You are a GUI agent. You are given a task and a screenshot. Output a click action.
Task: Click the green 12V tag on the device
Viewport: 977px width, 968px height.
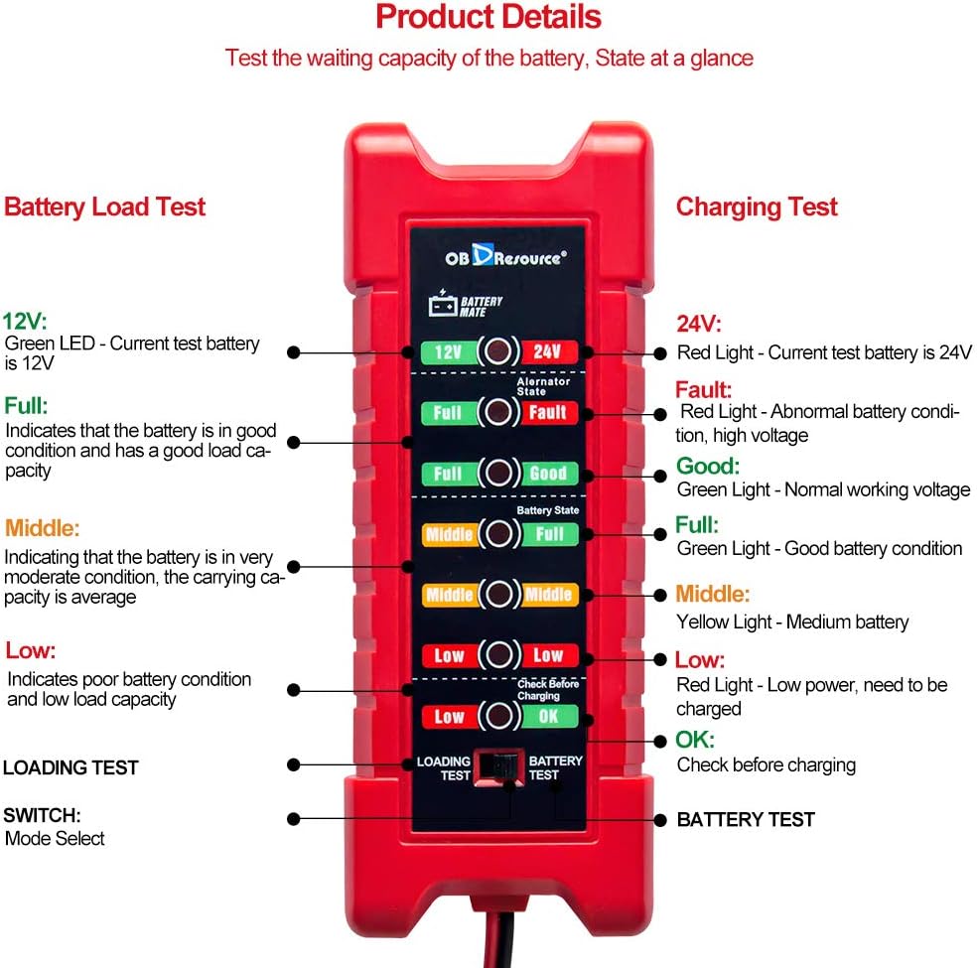coord(447,351)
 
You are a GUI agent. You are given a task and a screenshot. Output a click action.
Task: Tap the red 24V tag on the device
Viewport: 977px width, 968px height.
coord(547,351)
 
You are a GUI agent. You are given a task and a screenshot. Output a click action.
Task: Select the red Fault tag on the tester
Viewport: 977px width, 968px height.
coord(547,412)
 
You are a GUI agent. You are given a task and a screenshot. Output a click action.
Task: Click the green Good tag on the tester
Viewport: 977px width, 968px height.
coord(547,474)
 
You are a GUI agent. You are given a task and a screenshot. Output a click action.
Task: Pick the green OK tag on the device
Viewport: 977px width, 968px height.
coord(547,716)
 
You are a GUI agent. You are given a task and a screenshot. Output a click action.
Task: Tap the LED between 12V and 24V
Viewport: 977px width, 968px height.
coord(497,351)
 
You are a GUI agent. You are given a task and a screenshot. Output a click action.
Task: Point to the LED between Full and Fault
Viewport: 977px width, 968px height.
coord(497,412)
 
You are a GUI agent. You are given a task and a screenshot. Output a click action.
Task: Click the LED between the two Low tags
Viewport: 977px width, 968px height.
coord(497,655)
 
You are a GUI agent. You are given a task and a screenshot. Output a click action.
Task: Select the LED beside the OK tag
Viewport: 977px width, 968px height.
coord(497,716)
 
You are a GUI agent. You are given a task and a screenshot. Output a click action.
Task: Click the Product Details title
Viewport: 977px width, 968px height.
coord(488,17)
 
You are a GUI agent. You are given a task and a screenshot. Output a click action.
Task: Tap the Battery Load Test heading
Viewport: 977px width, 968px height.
coord(104,207)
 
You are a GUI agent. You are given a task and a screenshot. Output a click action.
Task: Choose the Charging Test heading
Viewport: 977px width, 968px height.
coord(757,207)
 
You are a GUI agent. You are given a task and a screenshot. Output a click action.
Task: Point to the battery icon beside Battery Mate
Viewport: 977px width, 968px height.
coord(441,303)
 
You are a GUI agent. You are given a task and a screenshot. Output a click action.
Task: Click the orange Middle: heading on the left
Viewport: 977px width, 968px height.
coord(42,526)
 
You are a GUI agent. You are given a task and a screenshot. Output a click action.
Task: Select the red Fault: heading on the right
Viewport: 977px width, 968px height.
coord(703,389)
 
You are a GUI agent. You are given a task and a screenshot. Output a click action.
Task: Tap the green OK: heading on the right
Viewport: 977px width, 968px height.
coord(695,740)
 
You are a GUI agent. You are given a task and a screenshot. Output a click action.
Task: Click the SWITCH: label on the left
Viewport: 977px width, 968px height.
coord(42,815)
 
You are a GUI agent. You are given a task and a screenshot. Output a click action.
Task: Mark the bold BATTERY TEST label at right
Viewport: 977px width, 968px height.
coord(746,820)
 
